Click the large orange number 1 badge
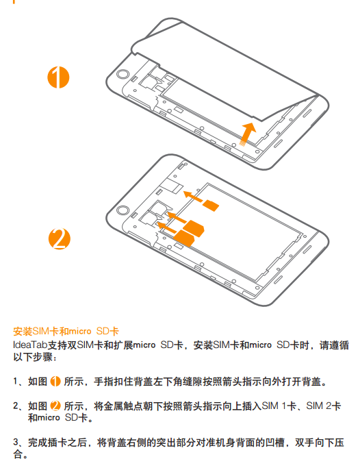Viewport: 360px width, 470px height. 58,77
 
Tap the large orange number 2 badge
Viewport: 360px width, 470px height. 60,239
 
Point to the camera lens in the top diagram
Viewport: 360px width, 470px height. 123,74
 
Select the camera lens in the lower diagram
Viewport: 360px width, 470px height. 123,210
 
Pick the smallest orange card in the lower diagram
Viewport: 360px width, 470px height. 211,206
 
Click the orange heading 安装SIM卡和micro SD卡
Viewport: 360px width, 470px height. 66,331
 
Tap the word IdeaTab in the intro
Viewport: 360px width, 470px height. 30,345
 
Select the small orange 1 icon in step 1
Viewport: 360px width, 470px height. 55,381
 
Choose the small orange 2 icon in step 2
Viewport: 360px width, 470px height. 55,406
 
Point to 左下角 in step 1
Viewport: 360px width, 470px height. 168,382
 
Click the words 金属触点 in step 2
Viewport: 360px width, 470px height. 123,406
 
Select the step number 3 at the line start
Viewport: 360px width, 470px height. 16,443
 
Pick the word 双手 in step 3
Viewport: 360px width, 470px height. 305,443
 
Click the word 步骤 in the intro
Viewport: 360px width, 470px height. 42,357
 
